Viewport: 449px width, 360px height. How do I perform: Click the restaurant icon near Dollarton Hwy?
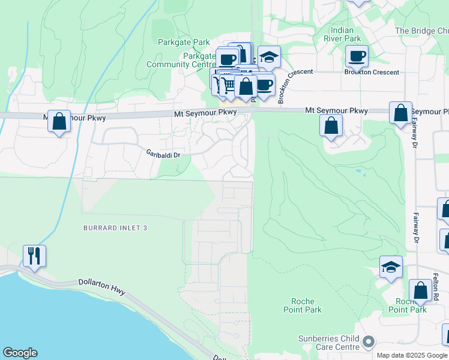tap(35, 256)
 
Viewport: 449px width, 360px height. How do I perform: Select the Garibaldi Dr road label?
tap(163, 154)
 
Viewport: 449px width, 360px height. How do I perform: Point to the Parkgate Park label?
tap(184, 42)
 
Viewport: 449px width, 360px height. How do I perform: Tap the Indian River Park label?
tap(345, 34)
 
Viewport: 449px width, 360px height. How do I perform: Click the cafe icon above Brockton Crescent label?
tap(357, 56)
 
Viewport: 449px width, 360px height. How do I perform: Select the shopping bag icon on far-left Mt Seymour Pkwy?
tap(59, 121)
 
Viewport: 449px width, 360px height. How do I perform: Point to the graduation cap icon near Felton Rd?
tap(391, 267)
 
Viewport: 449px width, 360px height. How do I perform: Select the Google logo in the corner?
tap(20, 353)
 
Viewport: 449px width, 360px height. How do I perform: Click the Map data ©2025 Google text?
tap(412, 355)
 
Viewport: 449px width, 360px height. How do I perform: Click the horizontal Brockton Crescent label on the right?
tap(372, 72)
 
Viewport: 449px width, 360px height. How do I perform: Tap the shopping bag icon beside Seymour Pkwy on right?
tap(400, 113)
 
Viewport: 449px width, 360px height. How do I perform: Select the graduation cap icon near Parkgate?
tap(270, 57)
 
